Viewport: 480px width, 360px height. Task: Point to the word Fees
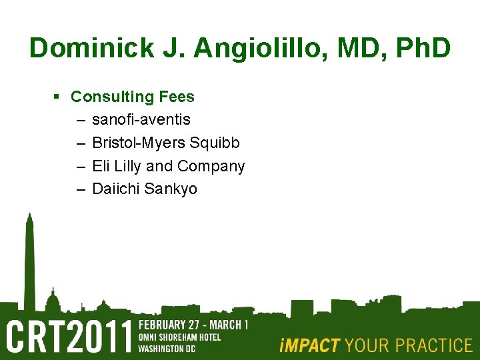pyautogui.click(x=176, y=97)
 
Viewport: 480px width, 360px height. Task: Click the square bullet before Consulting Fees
pyautogui.click(x=57, y=97)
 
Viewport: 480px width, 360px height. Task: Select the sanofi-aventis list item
pyautogui.click(x=141, y=120)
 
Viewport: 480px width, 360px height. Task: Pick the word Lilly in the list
pyautogui.click(x=125, y=166)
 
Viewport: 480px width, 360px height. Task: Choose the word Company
pyautogui.click(x=211, y=166)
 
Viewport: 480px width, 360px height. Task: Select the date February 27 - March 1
pyautogui.click(x=193, y=325)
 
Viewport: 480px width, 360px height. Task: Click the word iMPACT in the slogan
pyautogui.click(x=309, y=345)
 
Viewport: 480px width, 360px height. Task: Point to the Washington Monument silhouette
pyautogui.click(x=29, y=267)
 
